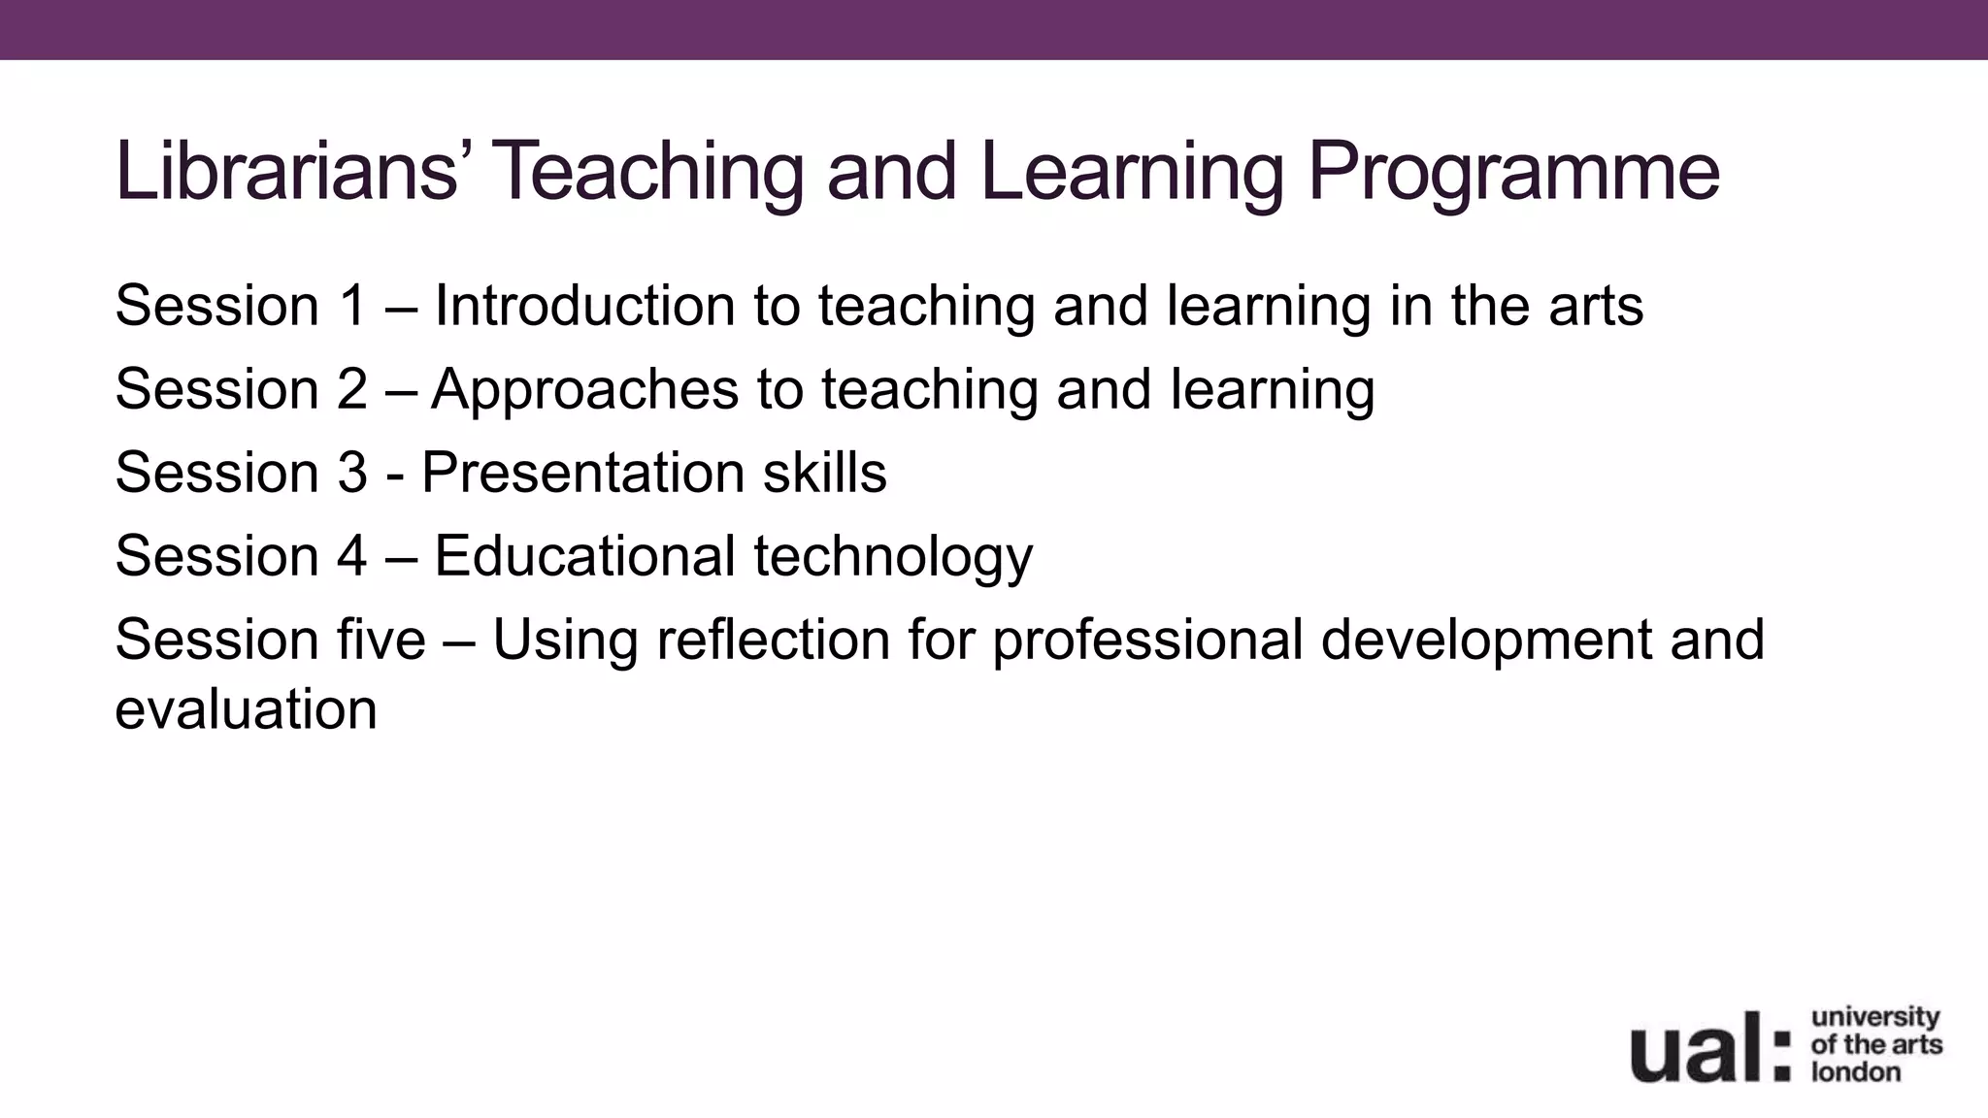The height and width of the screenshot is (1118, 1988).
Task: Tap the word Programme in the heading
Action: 1513,172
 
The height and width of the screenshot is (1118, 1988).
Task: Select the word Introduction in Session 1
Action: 584,306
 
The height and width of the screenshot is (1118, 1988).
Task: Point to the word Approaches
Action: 585,390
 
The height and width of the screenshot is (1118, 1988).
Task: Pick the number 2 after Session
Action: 352,389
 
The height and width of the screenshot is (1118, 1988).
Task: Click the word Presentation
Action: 582,474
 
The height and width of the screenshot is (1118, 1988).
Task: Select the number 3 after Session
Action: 352,473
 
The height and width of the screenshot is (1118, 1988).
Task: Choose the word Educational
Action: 584,556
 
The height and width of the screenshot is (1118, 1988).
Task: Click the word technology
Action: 893,558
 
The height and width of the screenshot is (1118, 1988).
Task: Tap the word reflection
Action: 773,640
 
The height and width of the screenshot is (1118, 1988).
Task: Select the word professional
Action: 1146,641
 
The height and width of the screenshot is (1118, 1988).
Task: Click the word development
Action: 1485,641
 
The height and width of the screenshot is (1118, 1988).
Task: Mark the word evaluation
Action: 246,709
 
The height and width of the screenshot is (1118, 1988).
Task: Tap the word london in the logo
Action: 1855,1072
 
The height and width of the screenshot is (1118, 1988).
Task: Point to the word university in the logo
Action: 1874,1018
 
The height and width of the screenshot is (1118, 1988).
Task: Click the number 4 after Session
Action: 352,556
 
